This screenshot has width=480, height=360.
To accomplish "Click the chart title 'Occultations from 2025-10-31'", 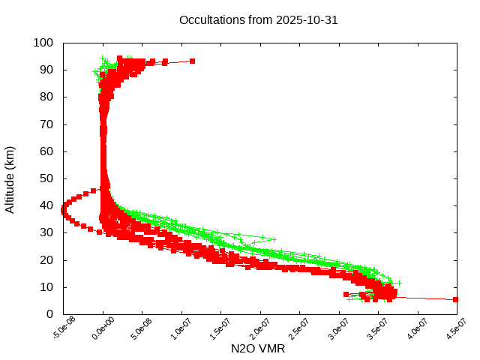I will pos(258,20).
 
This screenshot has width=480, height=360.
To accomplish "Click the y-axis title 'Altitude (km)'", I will pos(10,178).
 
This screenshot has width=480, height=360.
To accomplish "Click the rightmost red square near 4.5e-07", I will pos(456,299).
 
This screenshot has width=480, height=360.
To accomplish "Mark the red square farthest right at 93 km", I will pos(193,61).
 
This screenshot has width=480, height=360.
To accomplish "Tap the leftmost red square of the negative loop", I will pos(64,211).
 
